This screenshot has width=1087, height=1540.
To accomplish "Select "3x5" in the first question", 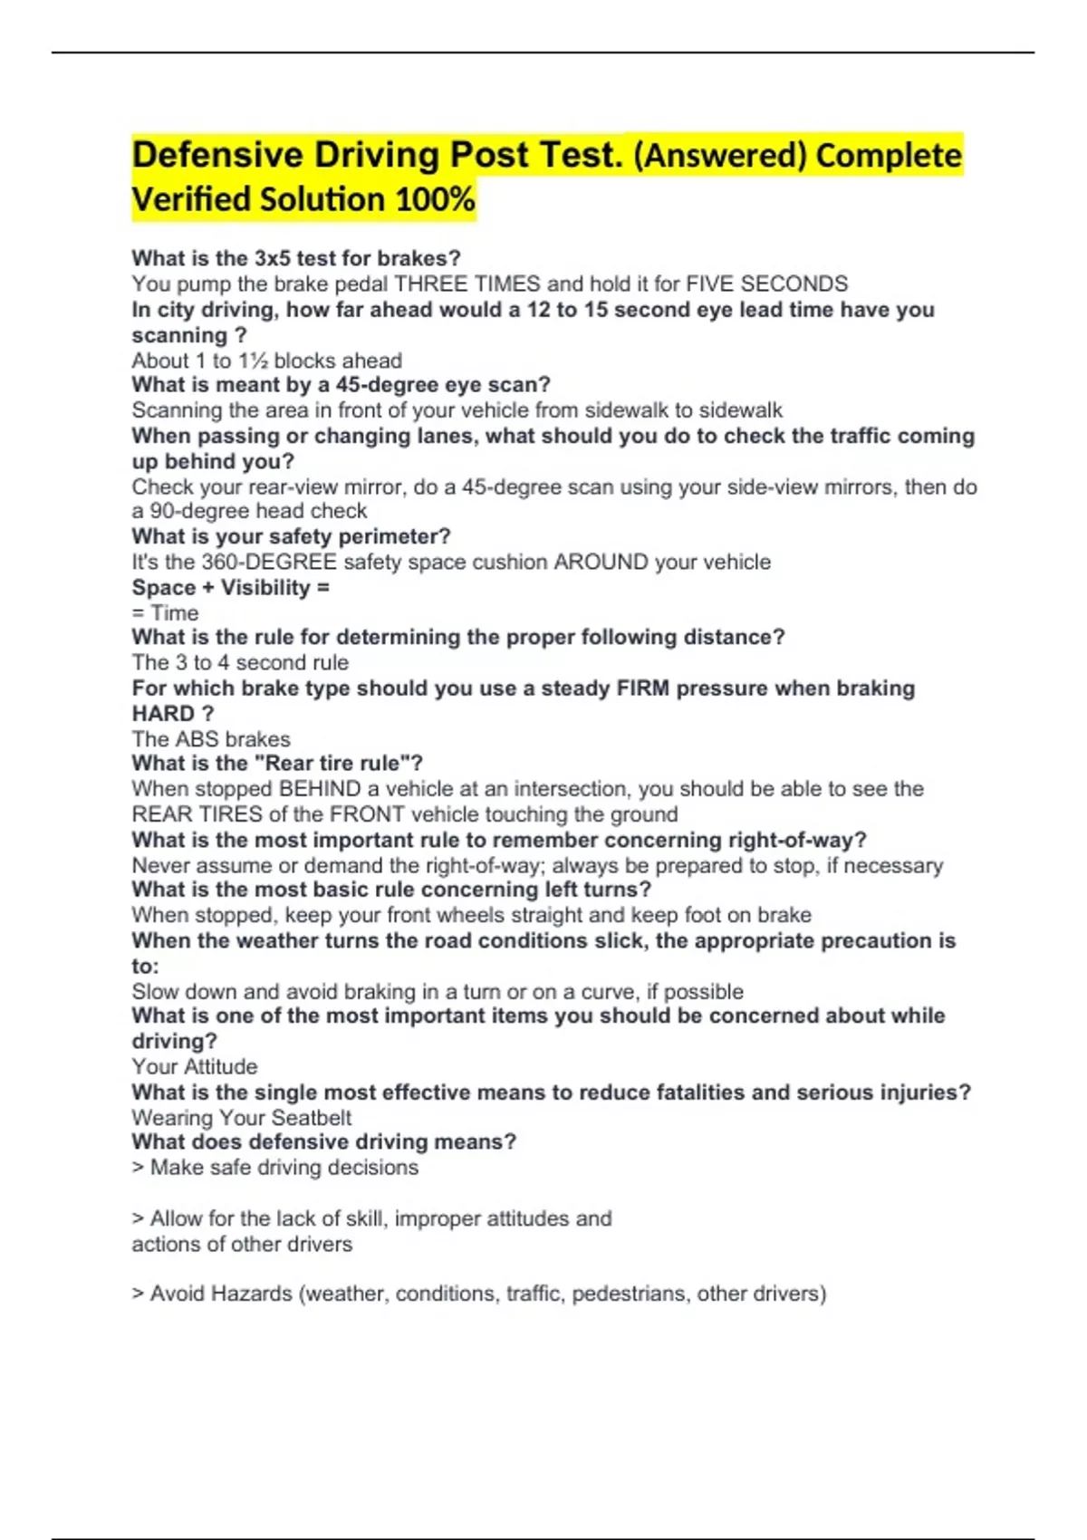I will pyautogui.click(x=272, y=258).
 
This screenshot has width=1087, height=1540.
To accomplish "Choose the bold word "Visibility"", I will pyautogui.click(x=265, y=587).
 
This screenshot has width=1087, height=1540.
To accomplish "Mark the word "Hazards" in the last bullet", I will pyautogui.click(x=252, y=1294).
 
